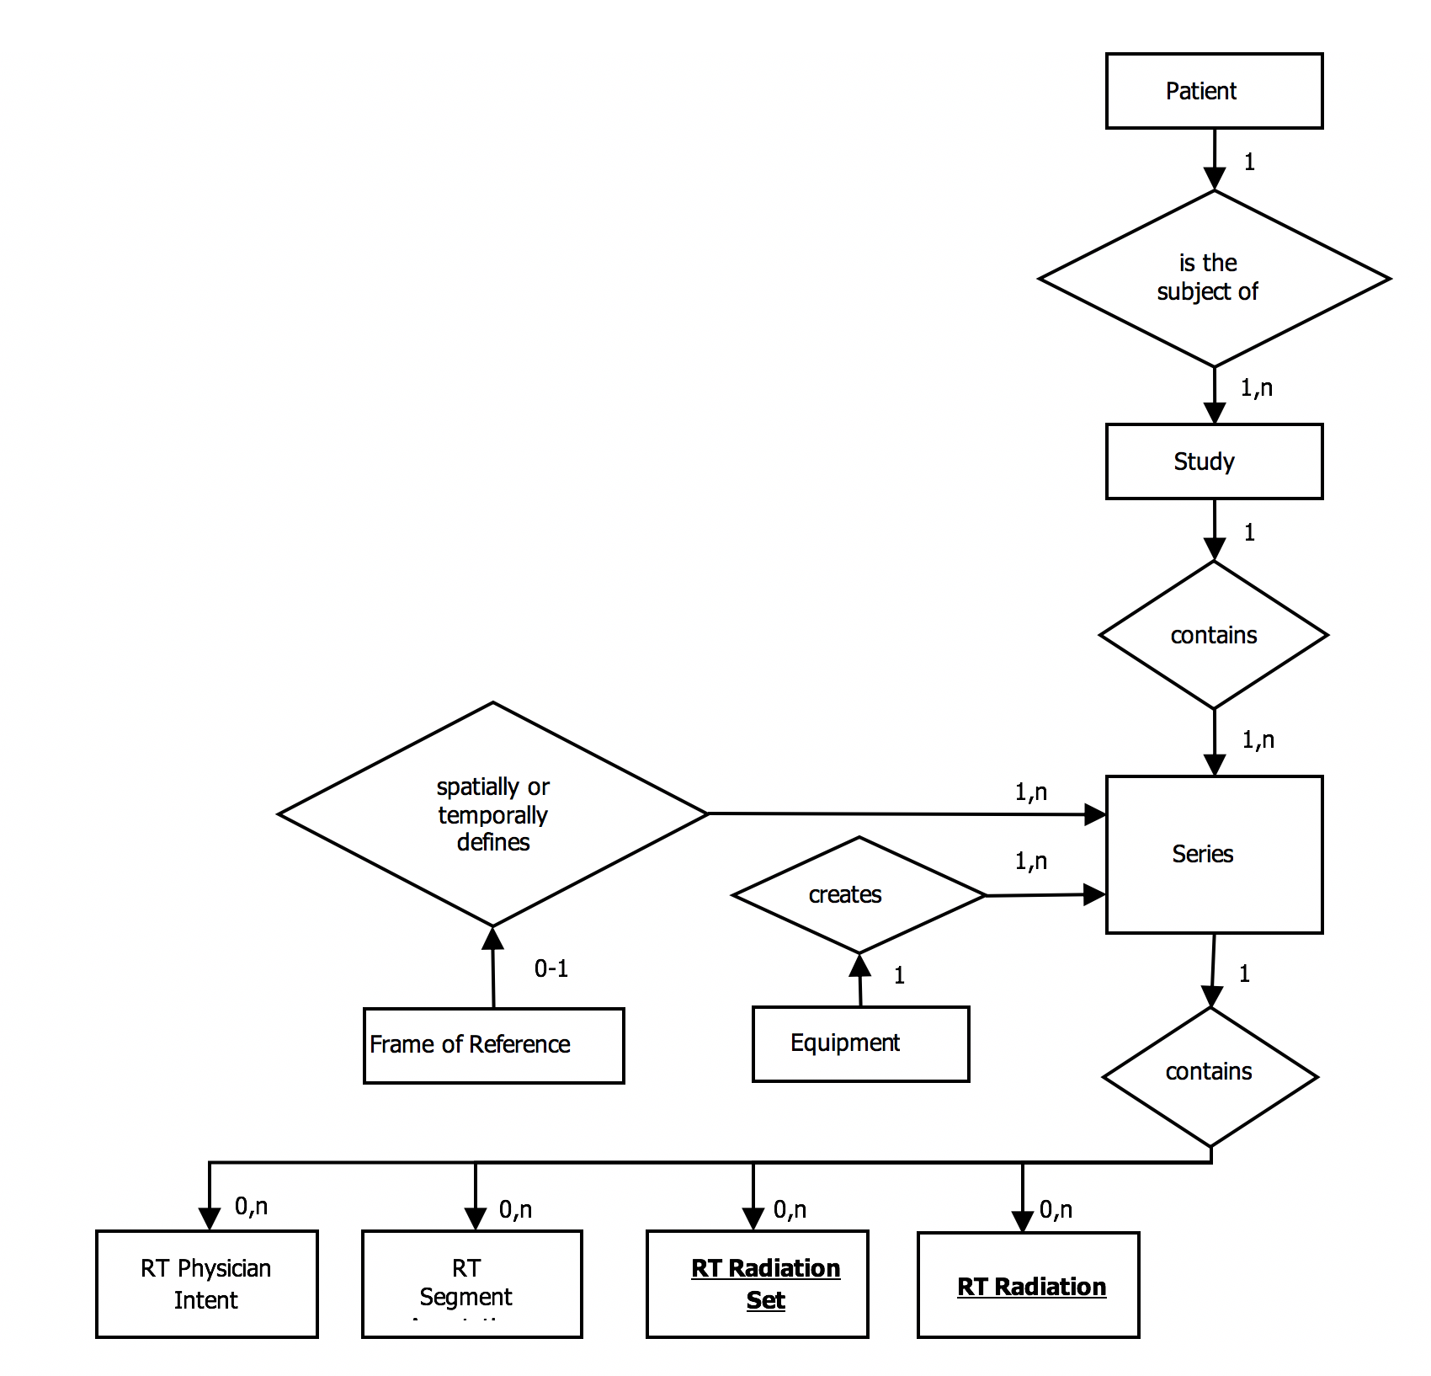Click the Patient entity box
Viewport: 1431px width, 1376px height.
pyautogui.click(x=1213, y=91)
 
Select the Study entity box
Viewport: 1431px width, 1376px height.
pyautogui.click(x=1213, y=461)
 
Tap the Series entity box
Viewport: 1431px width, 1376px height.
pyautogui.click(x=1213, y=854)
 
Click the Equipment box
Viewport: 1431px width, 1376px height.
pyautogui.click(x=859, y=1043)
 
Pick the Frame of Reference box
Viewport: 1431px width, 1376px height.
pyautogui.click(x=493, y=1045)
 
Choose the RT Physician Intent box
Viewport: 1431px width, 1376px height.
pyautogui.click(x=206, y=1283)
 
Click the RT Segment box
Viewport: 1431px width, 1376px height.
pyautogui.click(x=471, y=1283)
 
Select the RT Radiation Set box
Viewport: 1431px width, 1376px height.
pyautogui.click(x=757, y=1283)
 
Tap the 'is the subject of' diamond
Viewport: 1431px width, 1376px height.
pyautogui.click(x=1213, y=278)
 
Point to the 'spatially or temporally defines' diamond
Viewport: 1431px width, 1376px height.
pyautogui.click(x=492, y=813)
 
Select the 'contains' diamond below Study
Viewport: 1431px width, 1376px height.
pyautogui.click(x=1213, y=635)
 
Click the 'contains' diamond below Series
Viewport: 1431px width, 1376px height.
pyautogui.click(x=1210, y=1075)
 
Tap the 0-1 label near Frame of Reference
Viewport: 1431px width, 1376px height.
pyautogui.click(x=551, y=968)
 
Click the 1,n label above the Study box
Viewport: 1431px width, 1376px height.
pyautogui.click(x=1256, y=388)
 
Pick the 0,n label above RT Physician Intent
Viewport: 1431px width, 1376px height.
pyautogui.click(x=251, y=1207)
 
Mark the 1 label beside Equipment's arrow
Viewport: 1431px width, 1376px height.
pyautogui.click(x=899, y=975)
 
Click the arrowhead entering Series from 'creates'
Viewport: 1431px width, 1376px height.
pyautogui.click(x=1094, y=894)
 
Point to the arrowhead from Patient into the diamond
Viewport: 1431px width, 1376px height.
pyautogui.click(x=1214, y=179)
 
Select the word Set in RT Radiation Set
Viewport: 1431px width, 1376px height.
pyautogui.click(x=765, y=1300)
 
